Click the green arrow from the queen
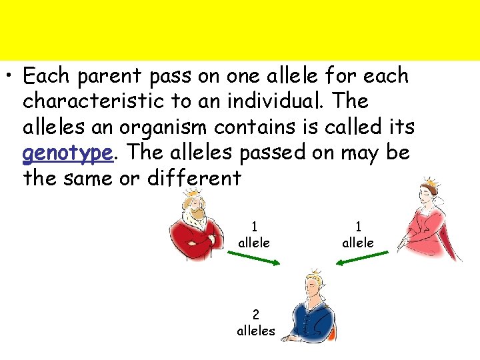[x=360, y=261]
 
